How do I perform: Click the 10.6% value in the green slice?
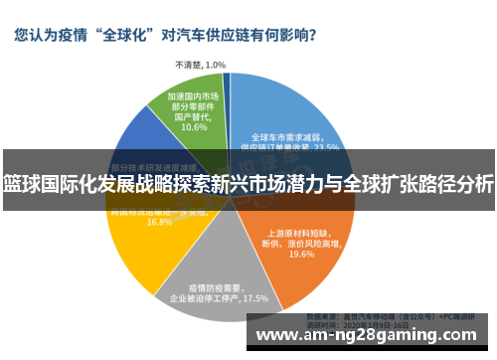(x=194, y=127)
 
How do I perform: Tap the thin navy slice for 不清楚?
(x=227, y=84)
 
